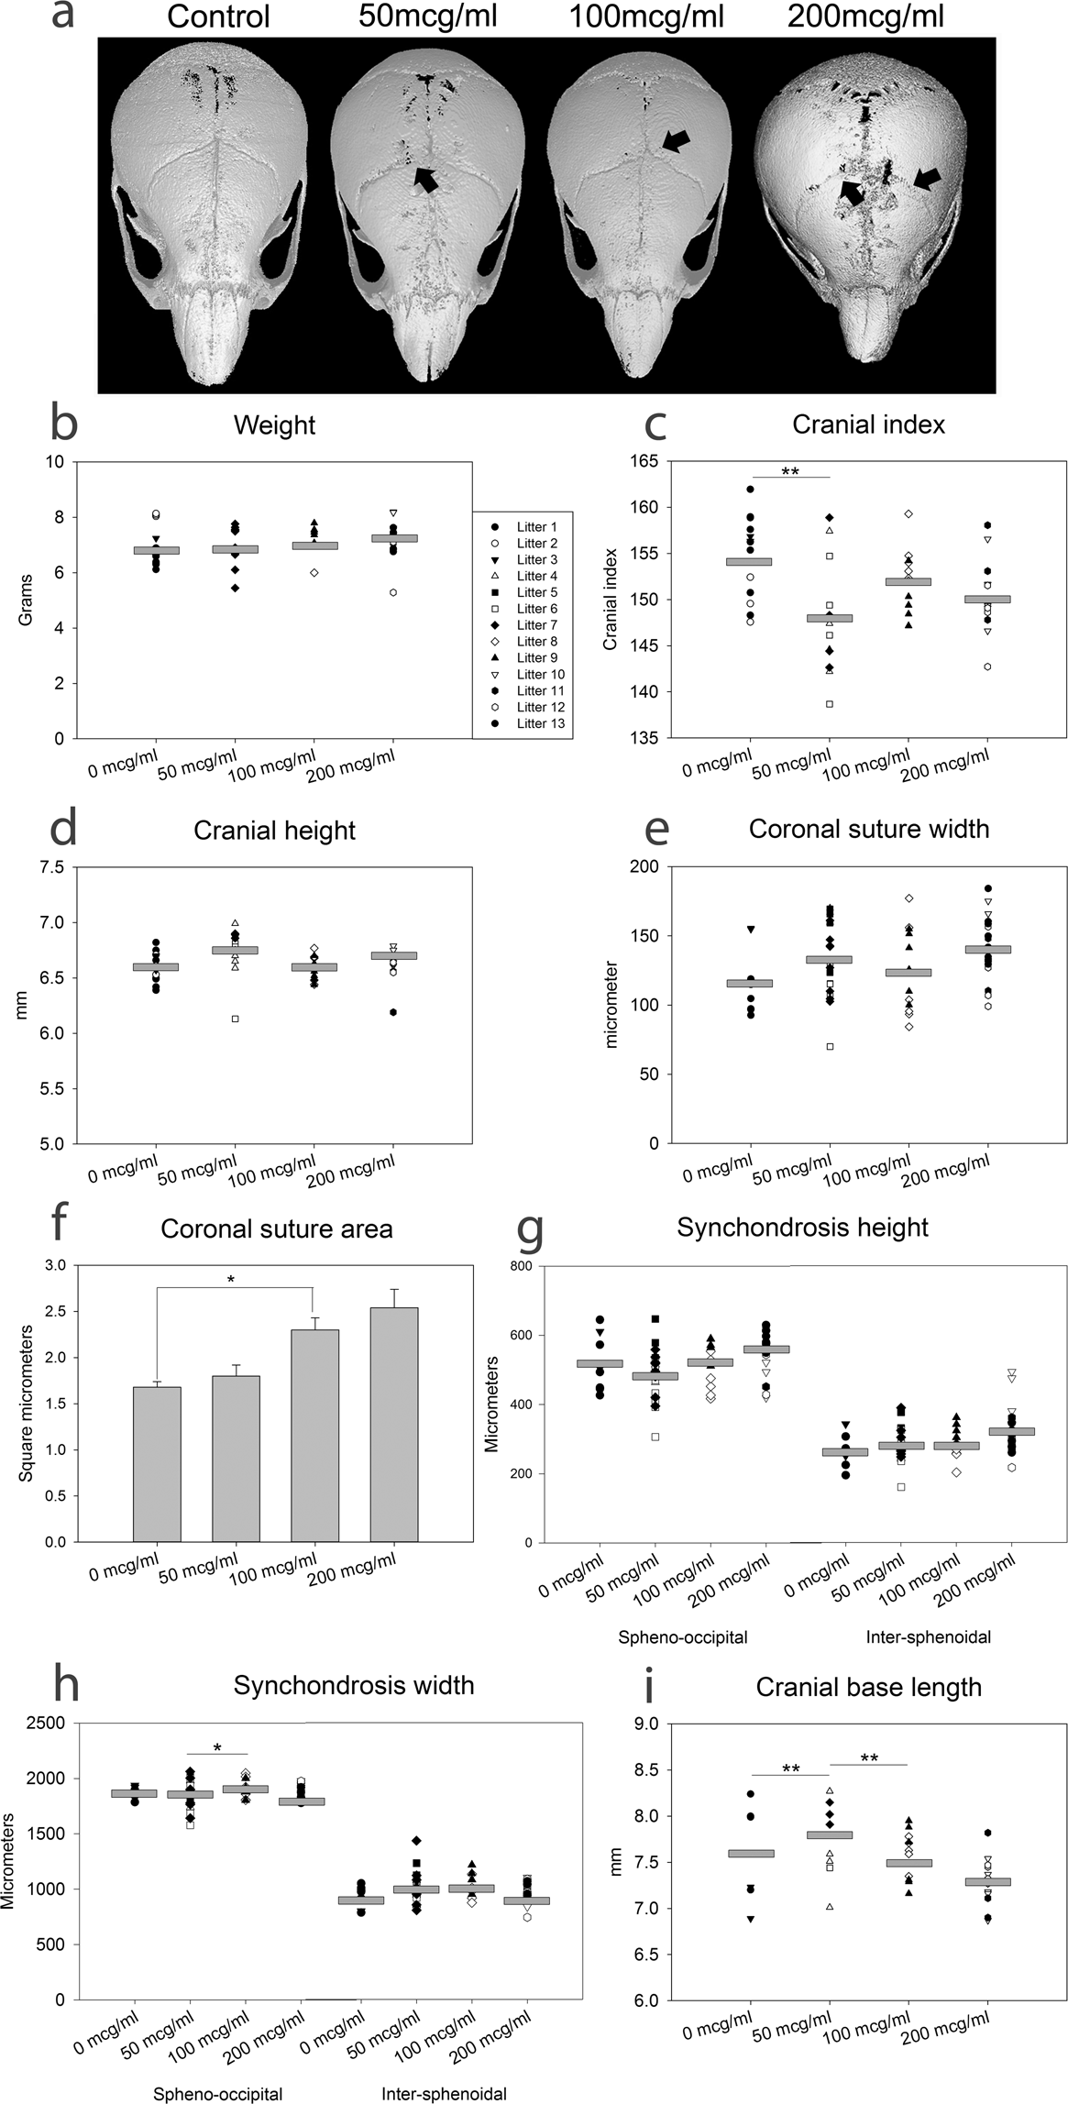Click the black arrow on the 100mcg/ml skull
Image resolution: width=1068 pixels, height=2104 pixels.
(x=677, y=139)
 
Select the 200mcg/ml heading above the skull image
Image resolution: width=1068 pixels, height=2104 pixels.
(x=865, y=17)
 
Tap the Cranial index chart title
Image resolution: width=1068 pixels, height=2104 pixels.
(x=868, y=424)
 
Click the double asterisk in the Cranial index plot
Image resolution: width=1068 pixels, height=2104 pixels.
(x=789, y=471)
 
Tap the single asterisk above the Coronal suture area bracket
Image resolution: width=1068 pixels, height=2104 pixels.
(x=230, y=1278)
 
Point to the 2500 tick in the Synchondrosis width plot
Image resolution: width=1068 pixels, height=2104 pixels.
(x=46, y=1723)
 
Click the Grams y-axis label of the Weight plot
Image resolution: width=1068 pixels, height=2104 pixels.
(x=26, y=600)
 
